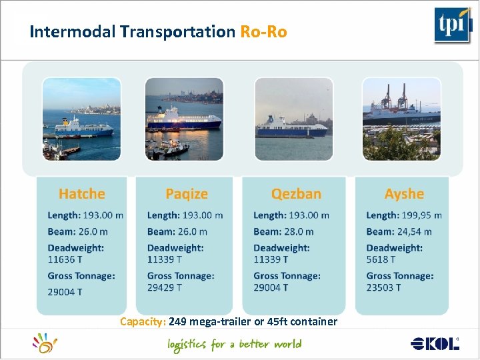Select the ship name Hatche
click(x=82, y=194)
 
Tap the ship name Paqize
click(x=187, y=194)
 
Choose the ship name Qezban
click(x=296, y=194)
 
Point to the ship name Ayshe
click(x=404, y=194)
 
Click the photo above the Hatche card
click(x=82, y=119)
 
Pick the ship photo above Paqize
click(x=183, y=119)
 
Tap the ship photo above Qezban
click(x=293, y=119)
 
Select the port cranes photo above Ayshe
click(x=401, y=119)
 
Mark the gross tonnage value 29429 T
click(x=164, y=287)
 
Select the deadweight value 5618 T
click(x=381, y=259)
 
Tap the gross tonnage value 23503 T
click(x=384, y=287)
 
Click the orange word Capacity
click(x=143, y=322)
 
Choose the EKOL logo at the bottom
click(x=435, y=344)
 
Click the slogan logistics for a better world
click(x=235, y=345)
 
